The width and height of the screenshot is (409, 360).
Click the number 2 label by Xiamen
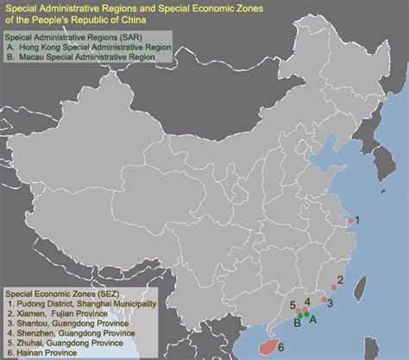click(341, 280)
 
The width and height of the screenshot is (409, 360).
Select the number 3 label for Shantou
click(330, 304)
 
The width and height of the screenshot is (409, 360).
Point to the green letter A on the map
click(314, 319)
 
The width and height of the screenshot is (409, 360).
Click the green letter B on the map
click(298, 325)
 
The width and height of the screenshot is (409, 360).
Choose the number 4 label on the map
click(307, 302)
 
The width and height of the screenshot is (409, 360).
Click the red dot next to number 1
click(349, 222)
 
